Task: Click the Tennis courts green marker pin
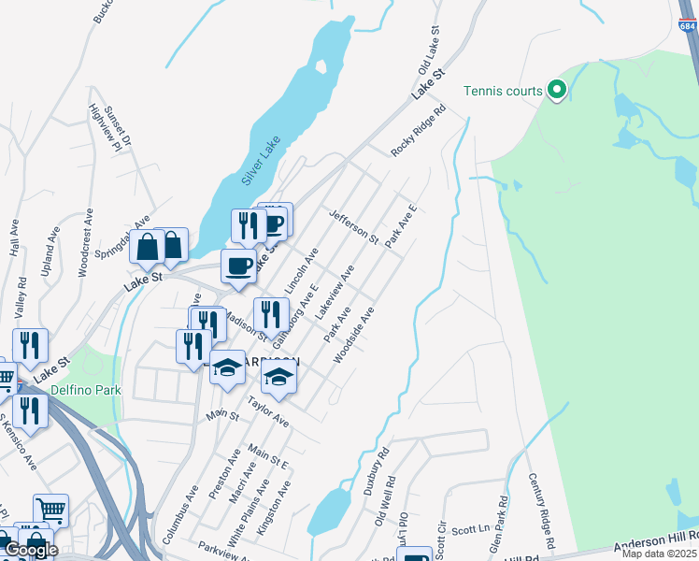click(557, 90)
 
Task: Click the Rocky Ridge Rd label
click(419, 130)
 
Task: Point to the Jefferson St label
click(353, 226)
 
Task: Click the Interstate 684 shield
click(687, 25)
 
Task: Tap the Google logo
click(31, 549)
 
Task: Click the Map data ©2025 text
click(661, 554)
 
